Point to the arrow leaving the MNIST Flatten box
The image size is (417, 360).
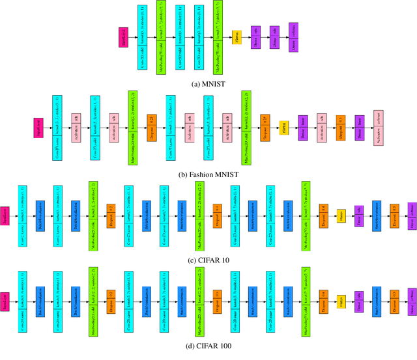coord(246,36)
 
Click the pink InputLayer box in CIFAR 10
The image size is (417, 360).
coord(6,215)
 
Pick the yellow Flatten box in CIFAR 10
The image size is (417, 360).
coord(341,215)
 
